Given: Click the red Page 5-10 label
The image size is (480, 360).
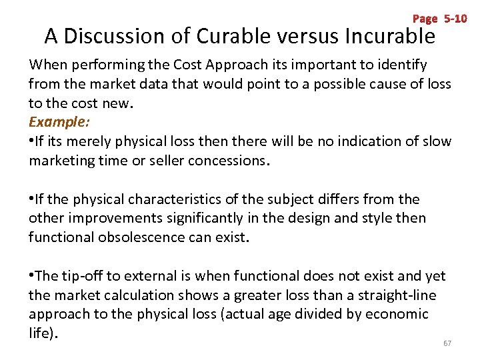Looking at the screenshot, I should pos(440,19).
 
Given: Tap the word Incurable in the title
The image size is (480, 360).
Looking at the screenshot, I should pos(389,36).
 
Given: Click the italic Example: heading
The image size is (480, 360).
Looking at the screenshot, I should pos(59,122).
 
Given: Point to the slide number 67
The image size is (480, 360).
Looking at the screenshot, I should pos(447,343).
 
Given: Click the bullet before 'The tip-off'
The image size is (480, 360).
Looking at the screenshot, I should pos(31,276).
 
